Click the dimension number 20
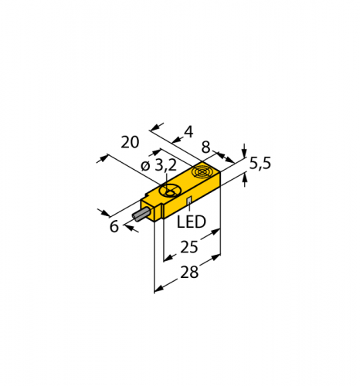click(131, 142)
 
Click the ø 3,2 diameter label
click(159, 165)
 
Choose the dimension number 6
click(114, 226)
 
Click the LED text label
click(192, 222)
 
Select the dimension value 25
click(188, 248)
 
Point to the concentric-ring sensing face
click(203, 171)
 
